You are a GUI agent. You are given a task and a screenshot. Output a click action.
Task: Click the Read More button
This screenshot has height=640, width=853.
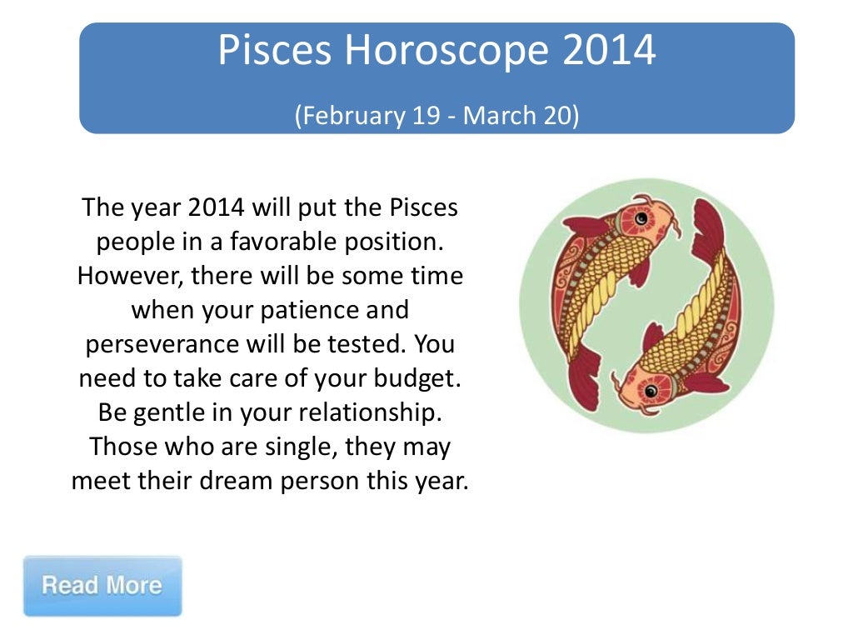(102, 585)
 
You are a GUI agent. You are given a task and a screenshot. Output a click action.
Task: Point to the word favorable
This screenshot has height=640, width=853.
(282, 242)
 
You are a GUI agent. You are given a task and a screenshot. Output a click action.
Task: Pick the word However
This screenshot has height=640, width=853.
(129, 277)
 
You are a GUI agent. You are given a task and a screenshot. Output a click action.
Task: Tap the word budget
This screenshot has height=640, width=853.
(413, 379)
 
